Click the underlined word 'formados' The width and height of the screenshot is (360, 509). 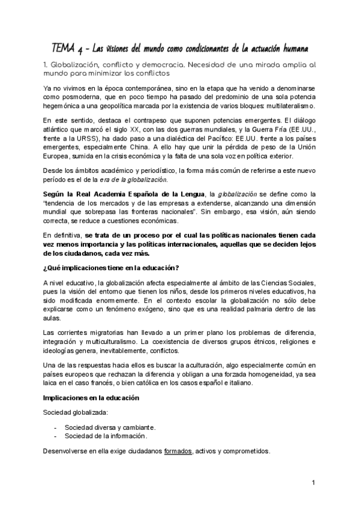[x=178, y=451]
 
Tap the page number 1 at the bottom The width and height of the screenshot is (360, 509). [x=313, y=484]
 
